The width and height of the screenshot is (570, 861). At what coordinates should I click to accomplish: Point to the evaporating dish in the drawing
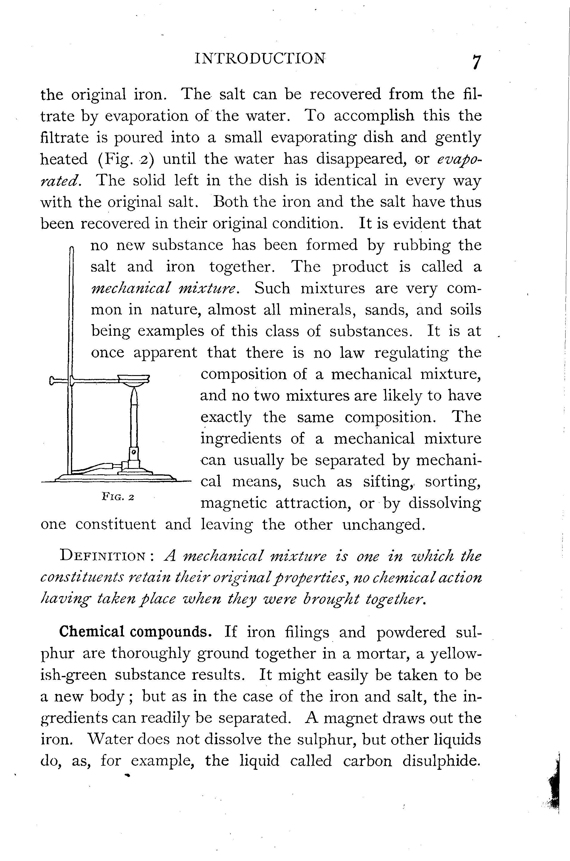point(134,380)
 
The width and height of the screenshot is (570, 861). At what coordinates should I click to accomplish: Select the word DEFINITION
point(103,556)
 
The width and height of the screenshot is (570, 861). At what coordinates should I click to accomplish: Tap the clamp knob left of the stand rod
point(55,380)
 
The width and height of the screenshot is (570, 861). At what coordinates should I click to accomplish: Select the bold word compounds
point(171,632)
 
